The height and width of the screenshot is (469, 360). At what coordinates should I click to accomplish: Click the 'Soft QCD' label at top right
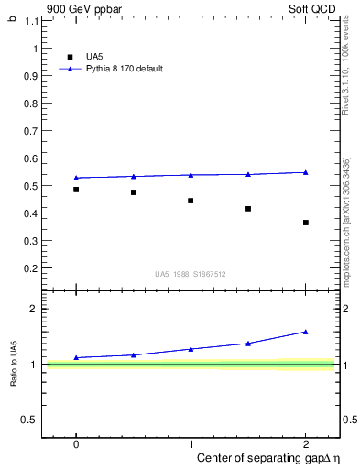tap(312, 8)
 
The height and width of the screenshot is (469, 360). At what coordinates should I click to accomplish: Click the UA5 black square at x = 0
tap(76, 190)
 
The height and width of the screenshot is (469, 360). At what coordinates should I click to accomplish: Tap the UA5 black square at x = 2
tap(305, 223)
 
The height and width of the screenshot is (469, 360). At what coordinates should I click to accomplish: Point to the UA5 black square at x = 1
tap(191, 201)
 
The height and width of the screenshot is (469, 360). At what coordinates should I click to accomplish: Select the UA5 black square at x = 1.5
tap(248, 209)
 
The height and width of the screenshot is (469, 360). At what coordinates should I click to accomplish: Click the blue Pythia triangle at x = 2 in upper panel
tap(305, 172)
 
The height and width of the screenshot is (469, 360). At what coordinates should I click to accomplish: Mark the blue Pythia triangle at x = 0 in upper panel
tap(76, 178)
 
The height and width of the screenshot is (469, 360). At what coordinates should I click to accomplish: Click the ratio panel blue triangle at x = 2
tap(305, 332)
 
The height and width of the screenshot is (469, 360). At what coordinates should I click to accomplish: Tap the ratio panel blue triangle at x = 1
tap(191, 349)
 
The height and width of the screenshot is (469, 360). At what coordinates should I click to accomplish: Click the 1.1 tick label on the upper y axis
tap(32, 20)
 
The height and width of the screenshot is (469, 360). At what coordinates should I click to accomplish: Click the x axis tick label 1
tap(191, 443)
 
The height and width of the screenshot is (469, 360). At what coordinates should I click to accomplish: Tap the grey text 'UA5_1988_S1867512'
tap(191, 273)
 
